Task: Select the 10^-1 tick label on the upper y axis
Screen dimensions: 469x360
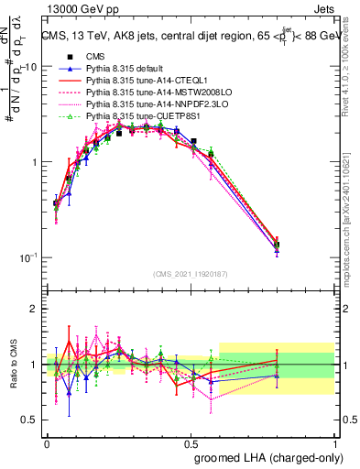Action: [x=27, y=256]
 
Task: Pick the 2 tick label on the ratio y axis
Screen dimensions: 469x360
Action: [x=34, y=309]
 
